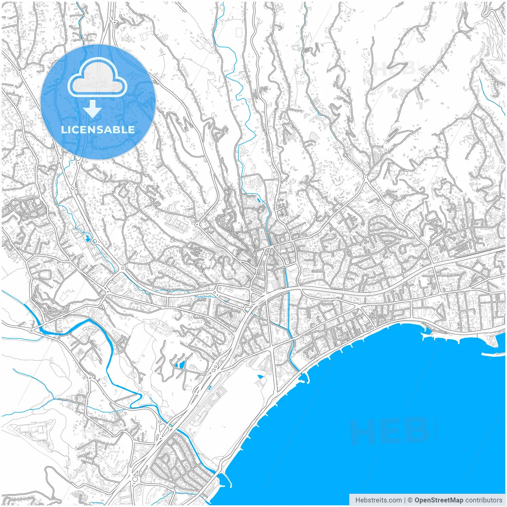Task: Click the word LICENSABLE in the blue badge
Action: [98, 130]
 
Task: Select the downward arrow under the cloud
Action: [93, 109]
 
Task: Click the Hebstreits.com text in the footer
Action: [378, 500]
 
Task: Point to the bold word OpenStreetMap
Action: [439, 500]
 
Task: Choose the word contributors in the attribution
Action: [484, 500]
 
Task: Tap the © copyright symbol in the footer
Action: [410, 500]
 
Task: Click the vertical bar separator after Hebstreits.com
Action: [404, 500]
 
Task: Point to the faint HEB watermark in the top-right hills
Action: [394, 69]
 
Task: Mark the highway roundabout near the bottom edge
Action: [135, 479]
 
